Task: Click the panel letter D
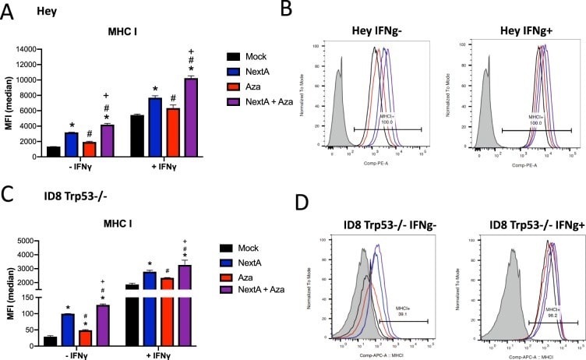(305, 204)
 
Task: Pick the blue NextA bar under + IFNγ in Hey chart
(155, 127)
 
